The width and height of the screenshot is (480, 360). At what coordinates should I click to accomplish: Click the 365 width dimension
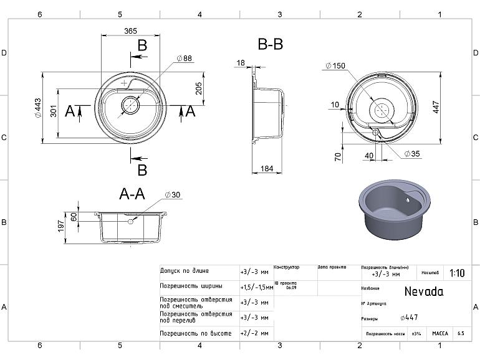(130, 31)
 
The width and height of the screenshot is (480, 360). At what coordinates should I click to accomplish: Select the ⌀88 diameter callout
(185, 58)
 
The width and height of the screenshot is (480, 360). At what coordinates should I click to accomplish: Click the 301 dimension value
(54, 111)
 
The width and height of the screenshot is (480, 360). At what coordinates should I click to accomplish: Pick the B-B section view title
(270, 44)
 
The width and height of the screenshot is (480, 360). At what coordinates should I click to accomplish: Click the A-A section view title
(132, 194)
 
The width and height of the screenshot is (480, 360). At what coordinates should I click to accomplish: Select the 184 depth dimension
(267, 168)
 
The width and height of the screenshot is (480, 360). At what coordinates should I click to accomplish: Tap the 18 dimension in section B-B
(241, 62)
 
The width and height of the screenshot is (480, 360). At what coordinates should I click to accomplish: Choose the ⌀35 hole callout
(411, 153)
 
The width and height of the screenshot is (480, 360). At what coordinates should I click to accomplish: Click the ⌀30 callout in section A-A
(173, 195)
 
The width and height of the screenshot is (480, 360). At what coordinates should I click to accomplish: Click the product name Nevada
(424, 291)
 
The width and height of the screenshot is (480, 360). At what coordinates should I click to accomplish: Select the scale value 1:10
(456, 273)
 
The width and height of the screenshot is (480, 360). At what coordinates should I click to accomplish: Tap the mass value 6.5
(460, 334)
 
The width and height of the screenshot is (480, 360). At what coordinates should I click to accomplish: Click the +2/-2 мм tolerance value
(254, 334)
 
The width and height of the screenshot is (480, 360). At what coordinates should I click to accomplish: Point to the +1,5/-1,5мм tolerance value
(256, 287)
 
